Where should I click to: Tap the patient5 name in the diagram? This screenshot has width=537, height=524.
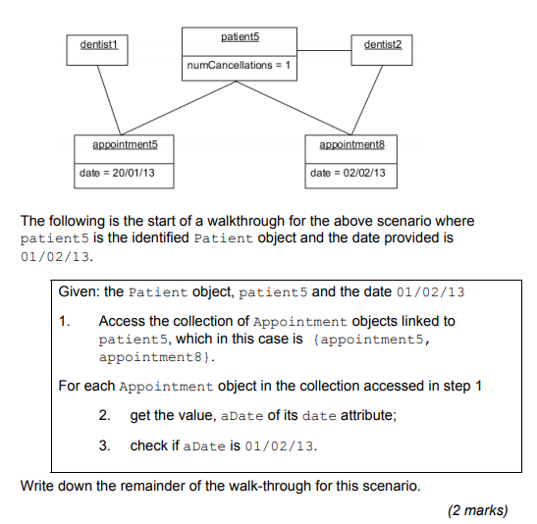click(x=241, y=36)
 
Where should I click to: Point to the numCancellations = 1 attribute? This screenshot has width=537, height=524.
click(x=239, y=65)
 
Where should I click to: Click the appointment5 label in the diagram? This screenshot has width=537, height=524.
click(x=125, y=145)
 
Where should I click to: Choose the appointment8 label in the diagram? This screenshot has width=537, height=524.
click(x=352, y=145)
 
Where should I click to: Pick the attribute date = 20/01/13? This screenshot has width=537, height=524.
click(x=117, y=173)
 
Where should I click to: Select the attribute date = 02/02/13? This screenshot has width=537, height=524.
click(x=348, y=173)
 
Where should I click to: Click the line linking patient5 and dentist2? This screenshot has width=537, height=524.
click(x=324, y=51)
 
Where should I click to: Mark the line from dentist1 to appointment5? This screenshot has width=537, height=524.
click(x=109, y=100)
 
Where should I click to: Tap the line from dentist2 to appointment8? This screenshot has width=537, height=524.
click(x=367, y=100)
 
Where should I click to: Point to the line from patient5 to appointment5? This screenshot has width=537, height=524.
click(x=179, y=108)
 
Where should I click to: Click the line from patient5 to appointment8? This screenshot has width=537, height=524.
click(x=294, y=108)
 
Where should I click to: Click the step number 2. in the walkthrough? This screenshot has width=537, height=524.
click(x=104, y=415)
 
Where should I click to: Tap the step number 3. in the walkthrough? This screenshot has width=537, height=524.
click(x=104, y=445)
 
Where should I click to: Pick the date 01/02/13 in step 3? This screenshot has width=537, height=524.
click(x=279, y=446)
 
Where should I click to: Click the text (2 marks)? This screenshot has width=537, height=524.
click(x=478, y=510)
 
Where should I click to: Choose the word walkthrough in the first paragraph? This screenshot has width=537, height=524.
click(x=245, y=221)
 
